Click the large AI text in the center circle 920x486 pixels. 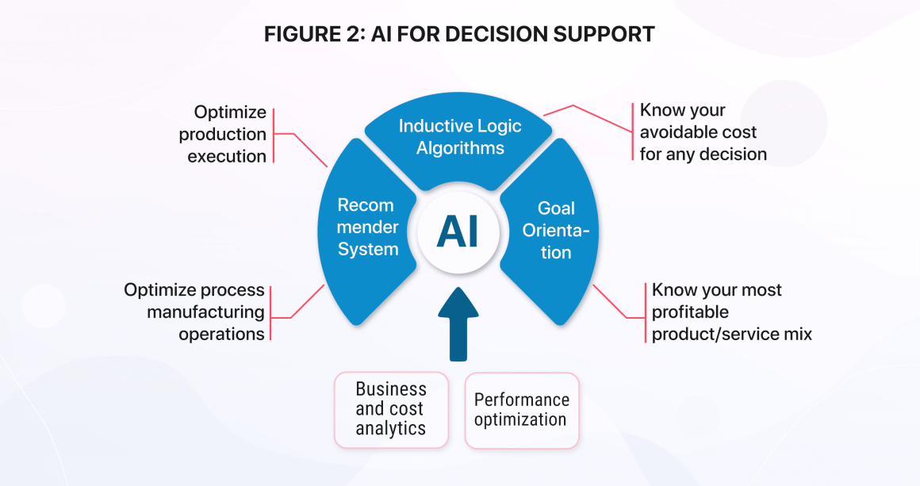click(x=457, y=231)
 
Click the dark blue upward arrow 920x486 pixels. click(x=458, y=323)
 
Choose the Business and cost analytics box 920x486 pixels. click(x=391, y=410)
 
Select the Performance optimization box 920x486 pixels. click(x=522, y=410)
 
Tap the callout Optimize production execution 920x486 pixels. click(x=223, y=134)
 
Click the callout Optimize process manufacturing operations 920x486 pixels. click(x=194, y=312)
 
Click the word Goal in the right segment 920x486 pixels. click(x=556, y=209)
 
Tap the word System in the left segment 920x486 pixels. click(x=368, y=249)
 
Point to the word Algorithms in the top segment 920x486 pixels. click(x=460, y=147)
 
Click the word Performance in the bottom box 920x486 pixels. click(x=522, y=400)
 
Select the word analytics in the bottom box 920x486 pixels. click(x=391, y=429)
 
